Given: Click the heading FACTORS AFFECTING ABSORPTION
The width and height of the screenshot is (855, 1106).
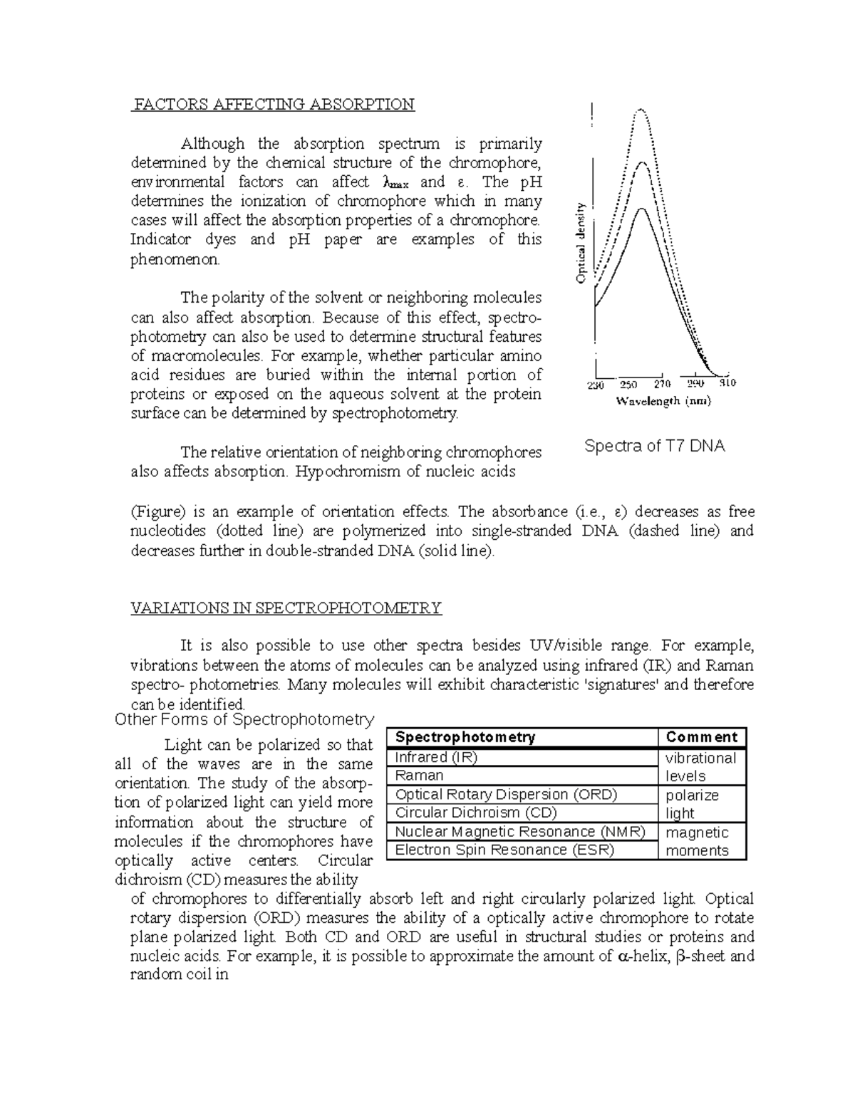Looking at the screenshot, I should tap(273, 105).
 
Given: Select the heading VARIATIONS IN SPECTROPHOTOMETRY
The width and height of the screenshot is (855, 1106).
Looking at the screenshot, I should tap(286, 608).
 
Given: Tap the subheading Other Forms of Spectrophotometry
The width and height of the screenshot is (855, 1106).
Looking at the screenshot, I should tap(244, 719).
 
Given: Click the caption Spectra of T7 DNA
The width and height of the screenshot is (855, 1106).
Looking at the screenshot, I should tap(654, 447).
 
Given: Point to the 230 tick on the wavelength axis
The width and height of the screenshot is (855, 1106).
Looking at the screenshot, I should tap(595, 385).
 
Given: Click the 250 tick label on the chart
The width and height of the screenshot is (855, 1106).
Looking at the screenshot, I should tap(628, 385).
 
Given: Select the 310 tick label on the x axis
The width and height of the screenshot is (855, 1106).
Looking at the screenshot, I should tap(727, 383).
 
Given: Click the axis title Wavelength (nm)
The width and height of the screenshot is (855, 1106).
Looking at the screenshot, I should tap(663, 402).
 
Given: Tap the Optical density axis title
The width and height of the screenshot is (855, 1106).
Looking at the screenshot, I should tap(581, 243).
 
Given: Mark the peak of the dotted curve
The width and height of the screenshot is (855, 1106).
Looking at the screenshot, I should tap(641, 110).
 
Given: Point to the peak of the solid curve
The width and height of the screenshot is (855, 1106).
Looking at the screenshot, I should tap(641, 208).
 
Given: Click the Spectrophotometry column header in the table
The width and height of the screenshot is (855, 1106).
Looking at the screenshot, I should tap(465, 737).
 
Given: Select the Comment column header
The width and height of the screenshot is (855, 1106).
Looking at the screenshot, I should tap(701, 737).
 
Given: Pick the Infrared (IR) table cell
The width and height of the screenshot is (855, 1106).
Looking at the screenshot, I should tap(436, 757).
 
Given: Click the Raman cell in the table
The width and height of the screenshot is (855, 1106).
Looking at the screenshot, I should tap(420, 776).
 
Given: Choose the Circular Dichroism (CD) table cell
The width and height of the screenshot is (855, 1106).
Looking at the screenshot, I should tap(476, 813).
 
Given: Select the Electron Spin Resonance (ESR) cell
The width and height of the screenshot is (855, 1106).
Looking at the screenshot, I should tap(504, 850).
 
